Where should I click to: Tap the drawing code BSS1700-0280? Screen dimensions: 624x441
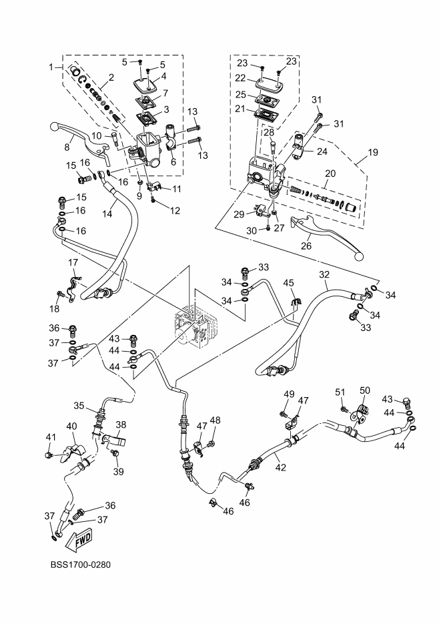pyautogui.click(x=79, y=565)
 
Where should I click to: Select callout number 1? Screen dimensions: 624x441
pyautogui.click(x=51, y=67)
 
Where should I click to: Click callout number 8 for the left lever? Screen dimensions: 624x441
pyautogui.click(x=67, y=147)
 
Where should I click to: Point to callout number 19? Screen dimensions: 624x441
pyautogui.click(x=372, y=152)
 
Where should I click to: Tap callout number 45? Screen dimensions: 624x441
pyautogui.click(x=288, y=283)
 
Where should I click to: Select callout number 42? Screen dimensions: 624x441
pyautogui.click(x=281, y=467)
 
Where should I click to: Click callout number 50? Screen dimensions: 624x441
pyautogui.click(x=364, y=390)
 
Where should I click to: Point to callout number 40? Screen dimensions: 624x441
pyautogui.click(x=71, y=426)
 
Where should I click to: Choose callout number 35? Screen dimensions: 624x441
pyautogui.click(x=79, y=404)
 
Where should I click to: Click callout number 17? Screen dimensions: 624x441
pyautogui.click(x=73, y=262)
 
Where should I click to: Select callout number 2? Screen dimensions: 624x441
pyautogui.click(x=111, y=77)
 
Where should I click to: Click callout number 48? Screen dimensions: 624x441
pyautogui.click(x=214, y=420)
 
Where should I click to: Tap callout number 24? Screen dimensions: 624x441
pyautogui.click(x=322, y=151)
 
